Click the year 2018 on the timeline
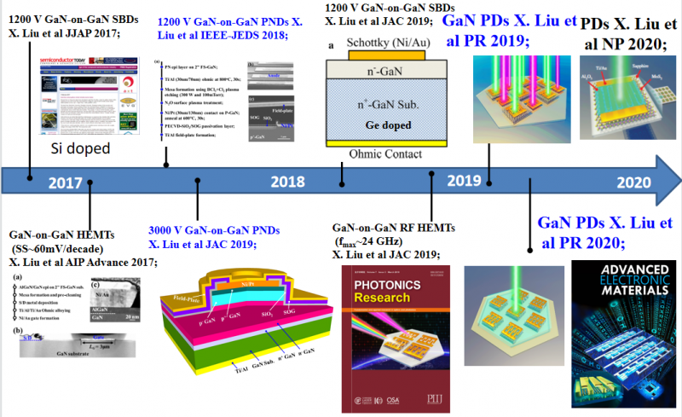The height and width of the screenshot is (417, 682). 286,182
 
